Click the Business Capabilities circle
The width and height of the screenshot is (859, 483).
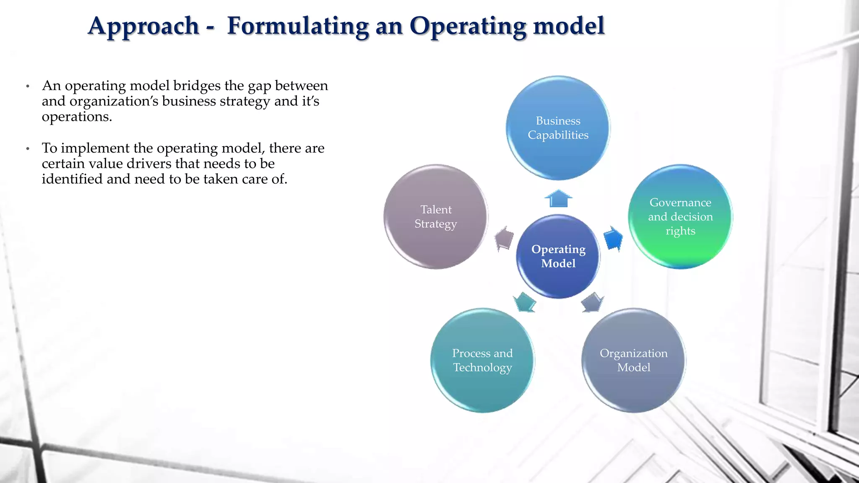(x=558, y=128)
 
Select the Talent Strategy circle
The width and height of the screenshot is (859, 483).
(x=436, y=217)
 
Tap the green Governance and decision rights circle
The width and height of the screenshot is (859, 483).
(x=680, y=217)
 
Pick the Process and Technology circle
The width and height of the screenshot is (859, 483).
(x=482, y=361)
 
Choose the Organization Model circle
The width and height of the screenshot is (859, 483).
(x=633, y=361)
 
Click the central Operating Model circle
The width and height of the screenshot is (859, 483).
(x=558, y=257)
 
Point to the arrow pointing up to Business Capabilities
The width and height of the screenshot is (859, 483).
(x=558, y=199)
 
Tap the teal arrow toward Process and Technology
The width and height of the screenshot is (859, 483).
(x=524, y=302)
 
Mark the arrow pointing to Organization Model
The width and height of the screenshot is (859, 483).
(x=592, y=302)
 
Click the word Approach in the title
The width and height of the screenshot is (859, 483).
(x=143, y=26)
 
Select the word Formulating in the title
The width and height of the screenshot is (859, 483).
(x=298, y=26)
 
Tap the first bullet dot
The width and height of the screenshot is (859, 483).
(x=28, y=86)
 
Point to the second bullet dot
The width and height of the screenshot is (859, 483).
(x=28, y=149)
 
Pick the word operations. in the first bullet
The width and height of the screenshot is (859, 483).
(x=77, y=117)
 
